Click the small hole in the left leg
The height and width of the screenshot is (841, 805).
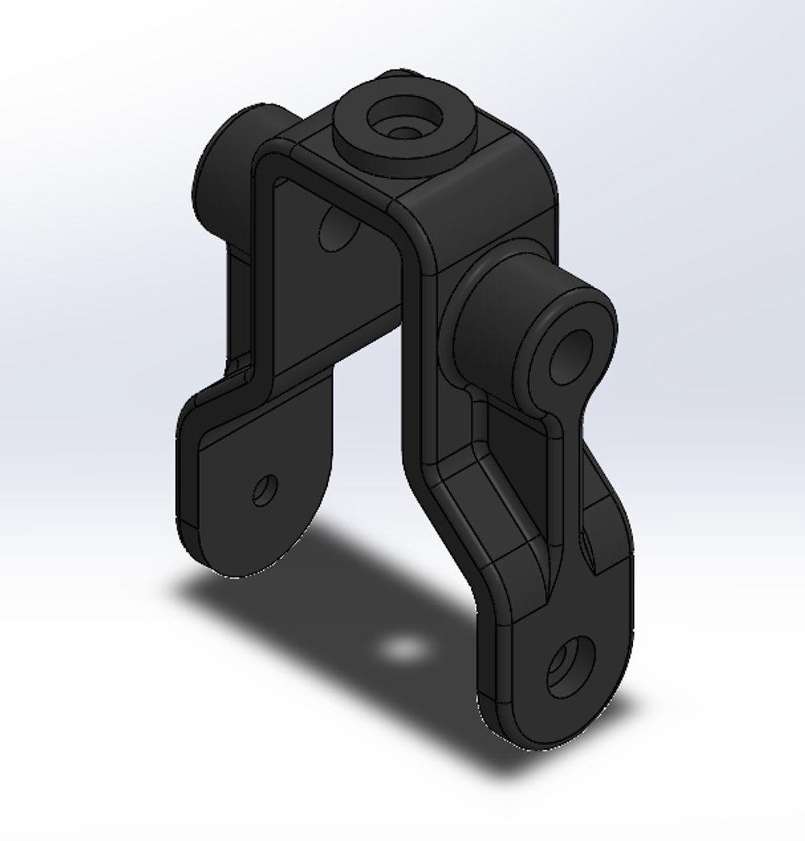(x=265, y=490)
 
